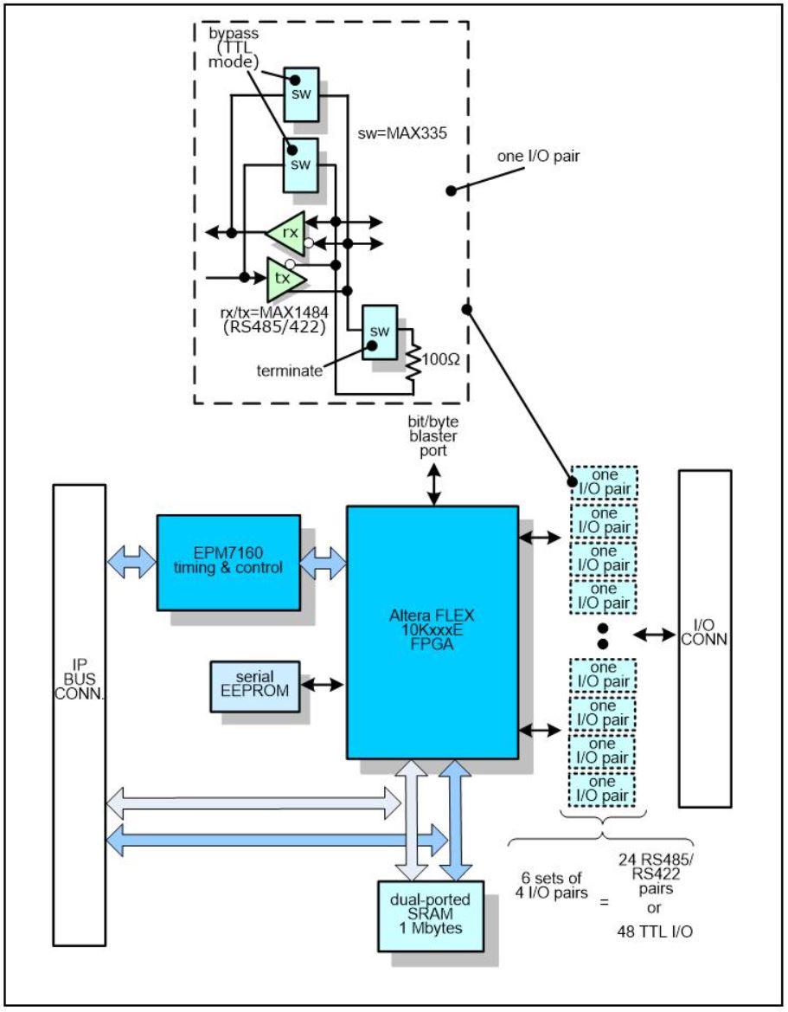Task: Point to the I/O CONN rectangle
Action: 705,638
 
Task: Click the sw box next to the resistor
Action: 379,332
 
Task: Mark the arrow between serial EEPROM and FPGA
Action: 324,683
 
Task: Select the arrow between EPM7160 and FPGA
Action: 323,563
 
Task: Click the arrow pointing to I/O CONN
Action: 655,635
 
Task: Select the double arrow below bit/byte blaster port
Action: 432,486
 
